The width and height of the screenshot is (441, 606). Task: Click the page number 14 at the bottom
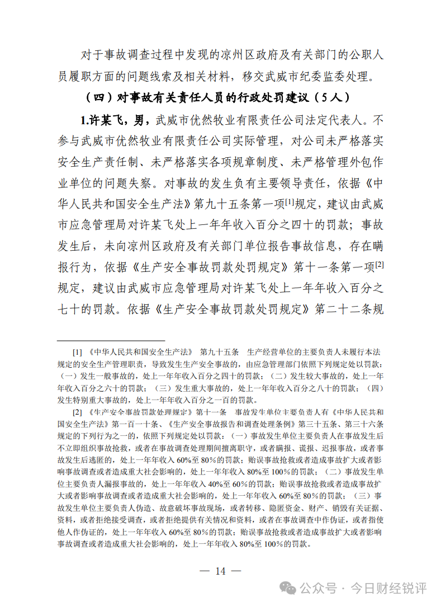tap(220, 571)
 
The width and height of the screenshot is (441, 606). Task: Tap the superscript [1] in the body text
tap(291, 200)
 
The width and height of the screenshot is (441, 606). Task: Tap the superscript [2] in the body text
tap(379, 264)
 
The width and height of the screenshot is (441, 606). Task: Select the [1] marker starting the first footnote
tap(77, 353)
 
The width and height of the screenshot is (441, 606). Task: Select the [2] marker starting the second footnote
tap(77, 413)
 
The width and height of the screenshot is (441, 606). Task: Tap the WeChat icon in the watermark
tap(289, 588)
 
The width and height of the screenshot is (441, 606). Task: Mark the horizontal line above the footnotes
tap(111, 340)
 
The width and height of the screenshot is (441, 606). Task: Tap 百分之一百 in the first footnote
tap(204, 400)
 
